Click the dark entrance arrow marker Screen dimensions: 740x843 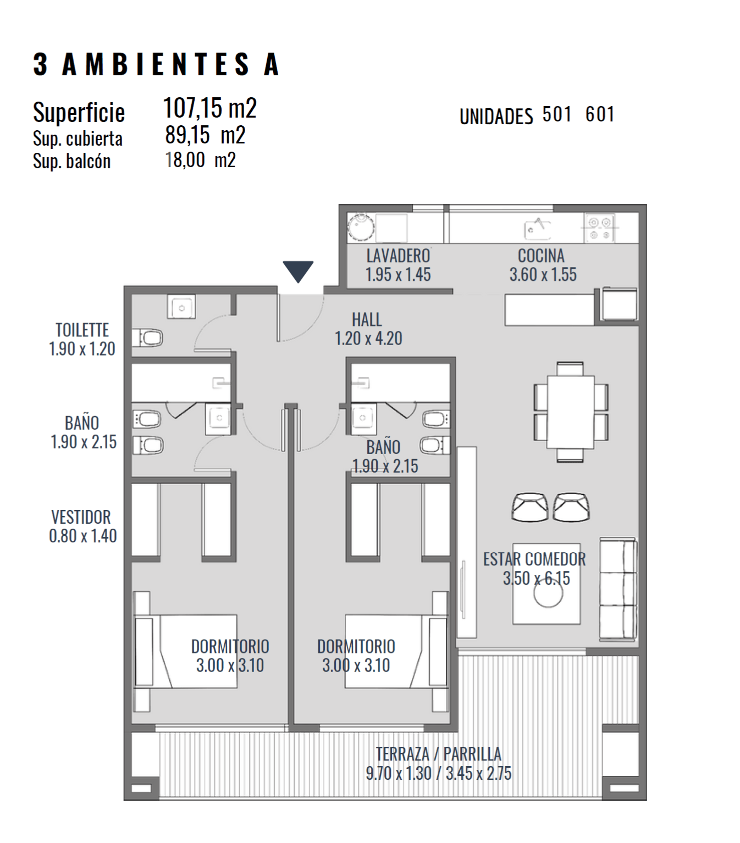click(297, 271)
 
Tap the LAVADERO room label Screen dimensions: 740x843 click(398, 256)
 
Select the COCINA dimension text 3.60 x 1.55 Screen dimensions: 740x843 click(543, 274)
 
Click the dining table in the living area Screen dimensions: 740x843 click(570, 412)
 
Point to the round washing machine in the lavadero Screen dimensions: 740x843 click(361, 227)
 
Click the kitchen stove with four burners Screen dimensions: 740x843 click(599, 228)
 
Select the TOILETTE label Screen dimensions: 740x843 click(82, 330)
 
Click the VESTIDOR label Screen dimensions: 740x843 click(81, 517)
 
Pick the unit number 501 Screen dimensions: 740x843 click(556, 114)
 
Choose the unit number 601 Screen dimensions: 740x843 click(600, 114)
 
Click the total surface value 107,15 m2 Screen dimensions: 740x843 click(210, 108)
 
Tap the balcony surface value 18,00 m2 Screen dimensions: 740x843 click(200, 160)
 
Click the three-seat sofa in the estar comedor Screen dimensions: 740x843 click(618, 590)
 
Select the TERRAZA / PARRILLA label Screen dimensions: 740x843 click(439, 753)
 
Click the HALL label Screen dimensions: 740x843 click(367, 319)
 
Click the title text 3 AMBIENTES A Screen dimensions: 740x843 click(156, 64)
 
